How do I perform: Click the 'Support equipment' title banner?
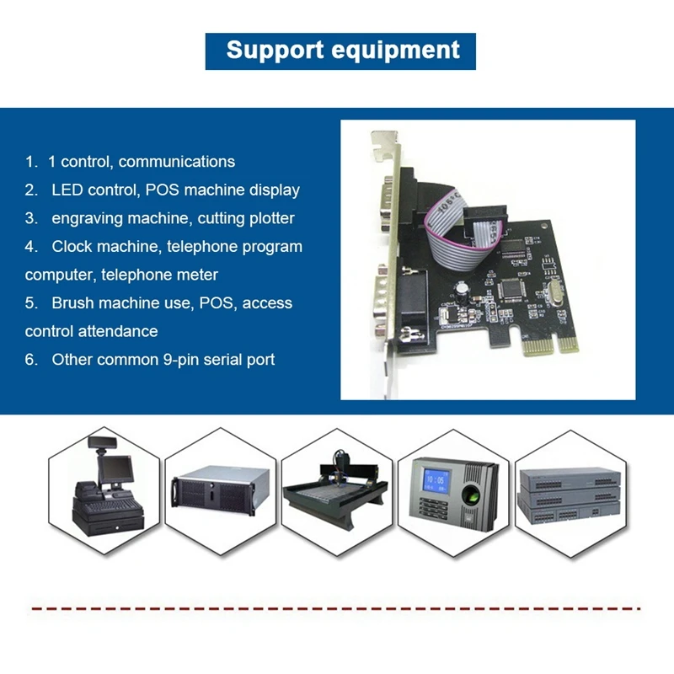coord(340,51)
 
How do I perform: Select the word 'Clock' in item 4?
coord(72,247)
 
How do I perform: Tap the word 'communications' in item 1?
coord(177,161)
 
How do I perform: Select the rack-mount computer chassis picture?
coord(220,497)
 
